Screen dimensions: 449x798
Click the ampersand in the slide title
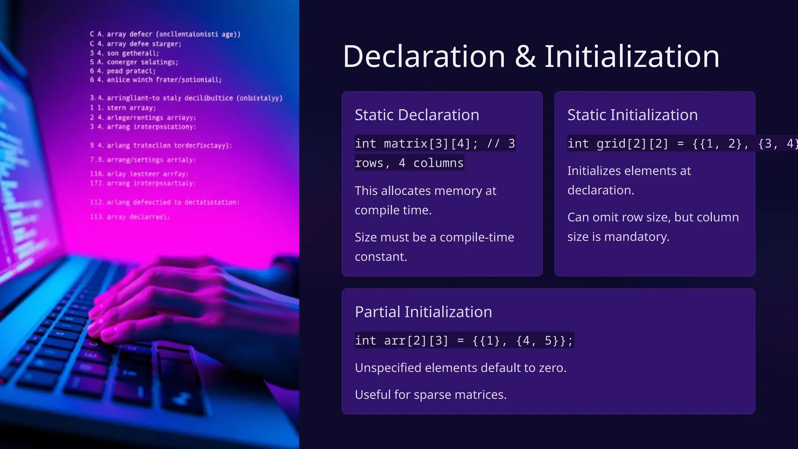(525, 57)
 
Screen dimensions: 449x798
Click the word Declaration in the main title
(424, 57)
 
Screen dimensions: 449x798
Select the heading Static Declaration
(417, 115)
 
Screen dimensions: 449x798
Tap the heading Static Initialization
(632, 115)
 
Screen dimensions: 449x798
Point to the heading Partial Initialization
(423, 312)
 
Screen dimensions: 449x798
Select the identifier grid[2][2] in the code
(632, 144)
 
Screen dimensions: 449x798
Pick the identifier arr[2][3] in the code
(416, 341)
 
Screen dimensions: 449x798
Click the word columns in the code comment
(438, 163)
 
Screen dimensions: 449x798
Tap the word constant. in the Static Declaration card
(381, 256)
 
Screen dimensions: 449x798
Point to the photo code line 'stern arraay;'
(131, 108)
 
